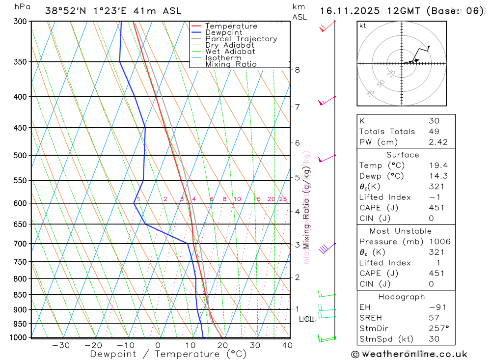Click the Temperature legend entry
[x=231, y=26]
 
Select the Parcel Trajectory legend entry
[x=241, y=39]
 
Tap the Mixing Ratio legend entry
[x=231, y=64]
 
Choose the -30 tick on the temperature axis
[x=61, y=345]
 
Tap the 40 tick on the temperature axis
[x=287, y=345]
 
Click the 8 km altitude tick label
[x=298, y=70]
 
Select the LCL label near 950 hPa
[x=306, y=319]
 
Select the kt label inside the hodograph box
[x=362, y=26]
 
